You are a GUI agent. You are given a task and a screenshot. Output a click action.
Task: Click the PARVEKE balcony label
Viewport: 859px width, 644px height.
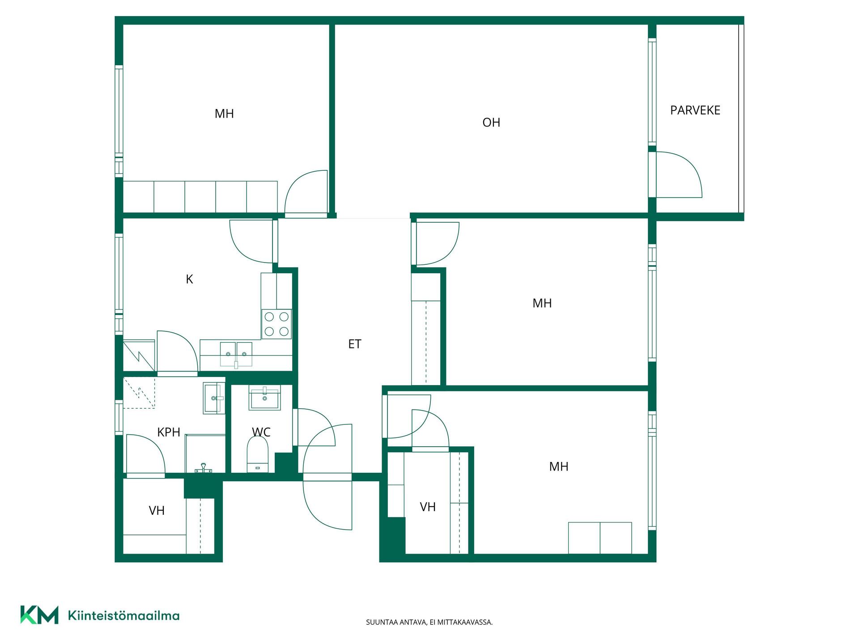[x=695, y=110]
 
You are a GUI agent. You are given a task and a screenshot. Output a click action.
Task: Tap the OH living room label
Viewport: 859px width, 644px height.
[x=491, y=123]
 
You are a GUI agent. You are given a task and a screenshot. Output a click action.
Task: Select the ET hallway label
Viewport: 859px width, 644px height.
[x=354, y=344]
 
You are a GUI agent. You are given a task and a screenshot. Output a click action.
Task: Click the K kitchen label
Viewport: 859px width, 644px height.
[x=189, y=280]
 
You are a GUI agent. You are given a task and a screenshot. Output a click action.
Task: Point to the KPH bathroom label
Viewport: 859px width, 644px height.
[x=169, y=432]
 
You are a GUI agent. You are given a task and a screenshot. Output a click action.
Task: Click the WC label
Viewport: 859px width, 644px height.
[x=261, y=432]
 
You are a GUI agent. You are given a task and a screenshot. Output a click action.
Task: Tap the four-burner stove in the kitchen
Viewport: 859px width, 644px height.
[x=276, y=324]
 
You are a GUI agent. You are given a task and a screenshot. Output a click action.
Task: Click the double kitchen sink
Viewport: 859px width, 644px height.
[x=236, y=355]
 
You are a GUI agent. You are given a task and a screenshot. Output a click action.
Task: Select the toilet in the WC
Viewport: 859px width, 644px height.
[x=258, y=454]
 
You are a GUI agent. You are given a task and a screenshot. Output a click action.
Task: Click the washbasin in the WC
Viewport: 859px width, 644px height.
[x=264, y=398]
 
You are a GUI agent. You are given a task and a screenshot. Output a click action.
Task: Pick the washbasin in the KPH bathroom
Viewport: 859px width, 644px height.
[x=214, y=398]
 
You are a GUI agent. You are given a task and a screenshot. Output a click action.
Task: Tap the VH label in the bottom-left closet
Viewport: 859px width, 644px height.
[x=157, y=511]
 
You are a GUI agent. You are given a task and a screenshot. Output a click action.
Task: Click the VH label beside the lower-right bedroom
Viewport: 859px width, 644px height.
[x=428, y=507]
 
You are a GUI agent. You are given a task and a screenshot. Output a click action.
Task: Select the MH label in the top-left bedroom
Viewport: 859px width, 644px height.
[x=224, y=114]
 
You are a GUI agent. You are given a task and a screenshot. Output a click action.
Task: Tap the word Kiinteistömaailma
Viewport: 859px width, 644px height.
[x=123, y=615]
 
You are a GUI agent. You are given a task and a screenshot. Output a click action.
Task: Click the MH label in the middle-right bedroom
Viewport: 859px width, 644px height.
[x=542, y=303]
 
